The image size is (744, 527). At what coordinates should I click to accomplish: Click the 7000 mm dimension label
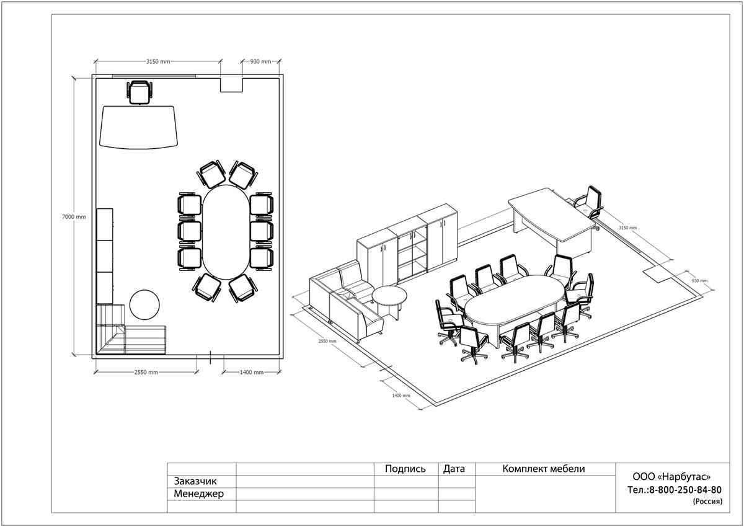click(74, 217)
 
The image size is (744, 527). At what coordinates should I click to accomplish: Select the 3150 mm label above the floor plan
click(158, 61)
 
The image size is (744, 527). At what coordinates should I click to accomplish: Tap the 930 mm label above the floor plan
click(260, 61)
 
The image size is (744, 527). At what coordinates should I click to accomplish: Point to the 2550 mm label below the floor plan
click(146, 372)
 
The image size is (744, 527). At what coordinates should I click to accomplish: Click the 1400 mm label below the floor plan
click(252, 372)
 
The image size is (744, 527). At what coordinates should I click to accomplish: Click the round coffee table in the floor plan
click(144, 304)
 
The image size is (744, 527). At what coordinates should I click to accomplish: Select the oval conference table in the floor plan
click(226, 232)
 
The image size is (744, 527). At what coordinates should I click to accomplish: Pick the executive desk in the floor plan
click(138, 127)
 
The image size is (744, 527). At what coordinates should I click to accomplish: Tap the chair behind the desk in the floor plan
click(139, 92)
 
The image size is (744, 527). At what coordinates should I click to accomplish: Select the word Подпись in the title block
click(405, 469)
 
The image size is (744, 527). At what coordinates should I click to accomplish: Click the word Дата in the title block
click(454, 469)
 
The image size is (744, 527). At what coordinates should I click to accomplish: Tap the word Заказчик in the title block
click(195, 481)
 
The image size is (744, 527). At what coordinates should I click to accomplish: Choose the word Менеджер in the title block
click(198, 494)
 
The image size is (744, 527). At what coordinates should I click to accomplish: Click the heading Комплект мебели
click(543, 469)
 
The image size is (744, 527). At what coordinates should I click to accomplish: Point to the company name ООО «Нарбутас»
click(671, 477)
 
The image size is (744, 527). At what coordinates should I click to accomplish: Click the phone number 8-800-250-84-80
click(685, 490)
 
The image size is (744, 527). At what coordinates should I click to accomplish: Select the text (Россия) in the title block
click(707, 502)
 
